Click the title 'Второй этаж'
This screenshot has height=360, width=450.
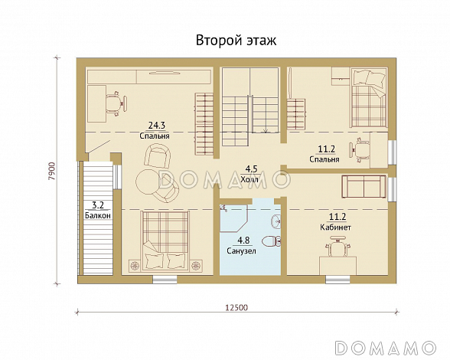(x=236, y=41)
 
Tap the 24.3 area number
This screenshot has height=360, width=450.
(x=156, y=126)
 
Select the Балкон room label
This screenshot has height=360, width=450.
(x=98, y=215)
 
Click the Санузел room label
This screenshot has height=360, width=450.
(x=241, y=250)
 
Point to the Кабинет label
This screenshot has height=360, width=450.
(x=335, y=227)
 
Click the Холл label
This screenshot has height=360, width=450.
(x=249, y=180)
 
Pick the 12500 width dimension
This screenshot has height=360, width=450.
(x=236, y=307)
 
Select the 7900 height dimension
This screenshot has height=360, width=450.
(x=52, y=172)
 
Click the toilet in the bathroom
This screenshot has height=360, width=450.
(x=272, y=241)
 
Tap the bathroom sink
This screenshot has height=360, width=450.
(x=276, y=221)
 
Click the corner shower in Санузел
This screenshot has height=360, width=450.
(x=233, y=218)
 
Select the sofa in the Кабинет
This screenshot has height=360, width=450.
(x=364, y=186)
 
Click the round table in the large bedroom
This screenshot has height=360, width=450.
(x=148, y=182)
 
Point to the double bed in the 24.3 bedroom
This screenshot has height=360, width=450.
(x=165, y=241)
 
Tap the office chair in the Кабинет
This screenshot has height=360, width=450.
(x=337, y=247)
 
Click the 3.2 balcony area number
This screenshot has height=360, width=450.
(x=98, y=205)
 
